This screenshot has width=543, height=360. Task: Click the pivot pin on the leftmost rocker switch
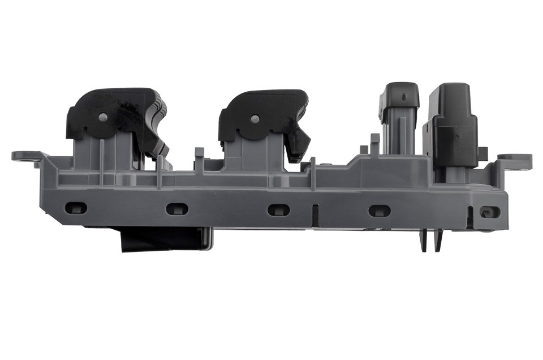pyautogui.click(x=103, y=117)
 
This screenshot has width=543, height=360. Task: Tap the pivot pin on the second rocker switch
pyautogui.click(x=255, y=119)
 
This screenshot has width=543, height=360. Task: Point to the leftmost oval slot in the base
pyautogui.click(x=76, y=208)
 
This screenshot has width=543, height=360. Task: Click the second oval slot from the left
pyautogui.click(x=176, y=209)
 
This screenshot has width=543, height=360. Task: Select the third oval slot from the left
pyautogui.click(x=278, y=209)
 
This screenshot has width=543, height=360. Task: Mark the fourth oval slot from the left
pyautogui.click(x=379, y=211)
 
